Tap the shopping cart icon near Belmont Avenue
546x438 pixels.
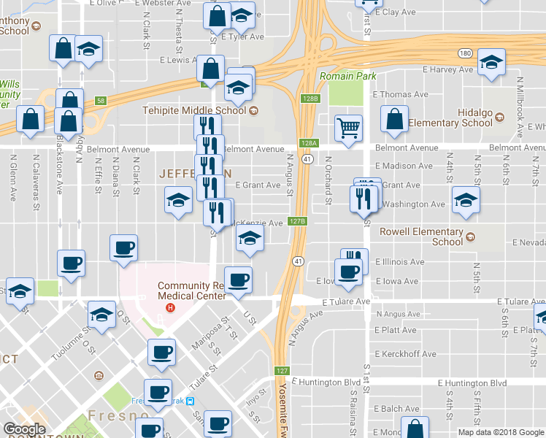coord(349,128)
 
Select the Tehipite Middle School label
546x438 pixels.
coord(193,111)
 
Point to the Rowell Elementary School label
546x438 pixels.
coord(422,237)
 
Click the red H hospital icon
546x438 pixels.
coord(171,307)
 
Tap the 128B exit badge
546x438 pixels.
coord(309,99)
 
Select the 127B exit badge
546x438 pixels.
coord(296,220)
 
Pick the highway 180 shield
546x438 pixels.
coord(464,53)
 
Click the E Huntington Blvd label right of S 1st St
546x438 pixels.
coord(472,383)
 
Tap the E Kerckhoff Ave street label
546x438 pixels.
coord(405,354)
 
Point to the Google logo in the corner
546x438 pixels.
coord(24,429)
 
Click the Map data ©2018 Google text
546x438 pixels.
coord(501,432)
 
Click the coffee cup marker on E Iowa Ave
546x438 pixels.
coord(350,271)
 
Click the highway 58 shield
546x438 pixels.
coord(101,101)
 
